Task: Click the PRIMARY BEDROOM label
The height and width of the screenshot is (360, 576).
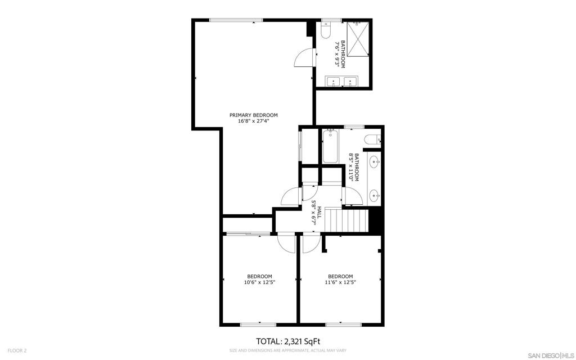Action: click(254, 115)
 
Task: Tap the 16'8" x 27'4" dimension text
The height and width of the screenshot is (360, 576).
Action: click(254, 121)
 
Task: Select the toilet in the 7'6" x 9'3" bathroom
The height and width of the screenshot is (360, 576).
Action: click(326, 31)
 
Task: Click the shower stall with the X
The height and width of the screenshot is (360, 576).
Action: click(358, 39)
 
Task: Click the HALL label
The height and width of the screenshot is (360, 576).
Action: click(319, 212)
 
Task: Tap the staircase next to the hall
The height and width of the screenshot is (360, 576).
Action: click(346, 220)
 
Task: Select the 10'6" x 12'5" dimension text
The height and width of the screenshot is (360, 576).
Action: click(260, 282)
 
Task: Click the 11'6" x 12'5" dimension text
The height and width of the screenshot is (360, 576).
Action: click(340, 282)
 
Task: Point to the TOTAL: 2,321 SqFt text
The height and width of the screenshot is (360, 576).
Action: click(285, 341)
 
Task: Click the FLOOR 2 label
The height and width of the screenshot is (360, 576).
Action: click(17, 351)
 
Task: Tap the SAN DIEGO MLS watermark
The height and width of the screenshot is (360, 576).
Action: click(550, 355)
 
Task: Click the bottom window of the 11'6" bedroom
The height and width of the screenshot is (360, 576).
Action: click(344, 325)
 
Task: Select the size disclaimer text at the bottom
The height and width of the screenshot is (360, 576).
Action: click(287, 350)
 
